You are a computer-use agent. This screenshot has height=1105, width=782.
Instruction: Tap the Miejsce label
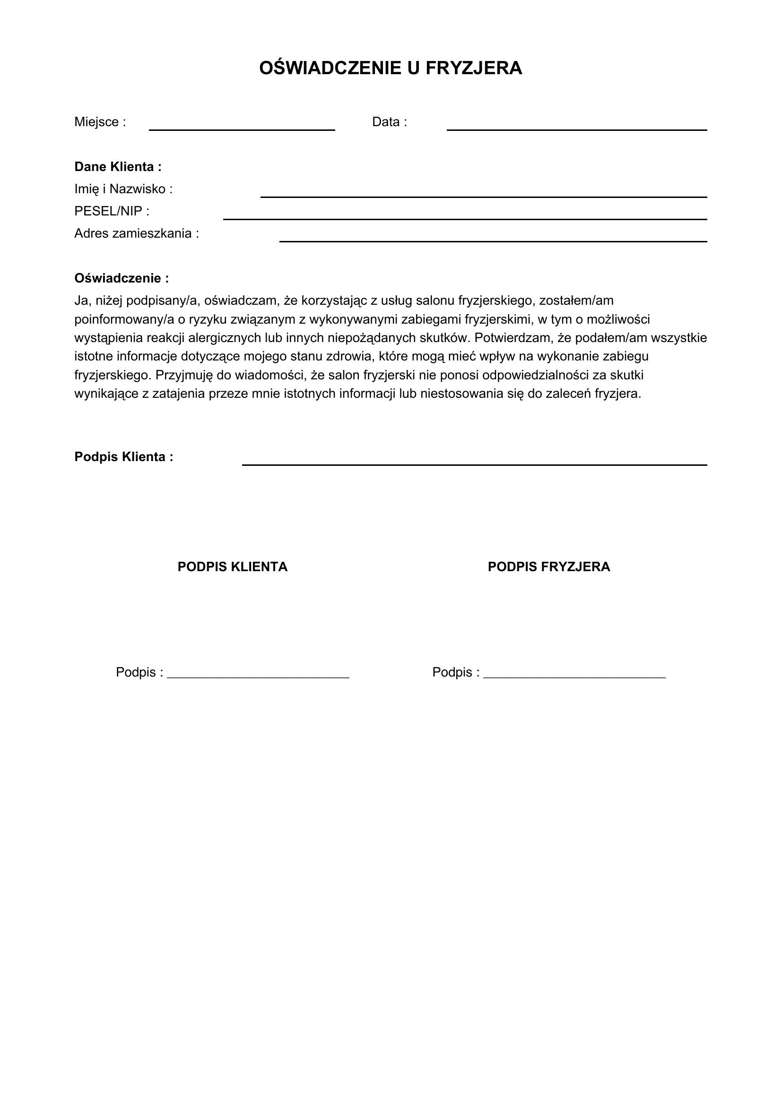[x=100, y=122]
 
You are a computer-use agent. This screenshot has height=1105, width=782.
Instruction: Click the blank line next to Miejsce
[x=242, y=128]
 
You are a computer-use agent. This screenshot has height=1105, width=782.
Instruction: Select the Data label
[x=389, y=122]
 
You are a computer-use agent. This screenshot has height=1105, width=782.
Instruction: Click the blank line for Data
[x=576, y=128]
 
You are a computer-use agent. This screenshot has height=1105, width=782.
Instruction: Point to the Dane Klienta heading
[x=118, y=167]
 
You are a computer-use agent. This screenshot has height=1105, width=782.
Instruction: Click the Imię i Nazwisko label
[x=123, y=189]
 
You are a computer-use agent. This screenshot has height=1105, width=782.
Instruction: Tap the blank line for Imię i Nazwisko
[x=484, y=196]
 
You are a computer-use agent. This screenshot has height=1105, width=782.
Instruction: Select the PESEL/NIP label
[x=112, y=211]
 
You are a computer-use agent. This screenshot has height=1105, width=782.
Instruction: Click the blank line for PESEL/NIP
[x=465, y=217]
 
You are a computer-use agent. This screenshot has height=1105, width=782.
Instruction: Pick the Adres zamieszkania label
[x=136, y=233]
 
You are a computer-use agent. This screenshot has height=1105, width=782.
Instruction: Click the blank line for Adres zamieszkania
[x=493, y=240]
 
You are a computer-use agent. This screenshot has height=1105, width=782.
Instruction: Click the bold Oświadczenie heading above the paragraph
[x=122, y=278]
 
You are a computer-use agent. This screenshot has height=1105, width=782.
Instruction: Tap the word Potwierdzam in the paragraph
[x=513, y=338]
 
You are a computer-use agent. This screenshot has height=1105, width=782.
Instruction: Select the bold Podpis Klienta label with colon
[x=124, y=457]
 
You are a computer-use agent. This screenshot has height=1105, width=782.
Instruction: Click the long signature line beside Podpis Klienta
[x=474, y=463]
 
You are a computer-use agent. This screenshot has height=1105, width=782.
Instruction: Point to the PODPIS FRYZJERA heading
[x=548, y=566]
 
